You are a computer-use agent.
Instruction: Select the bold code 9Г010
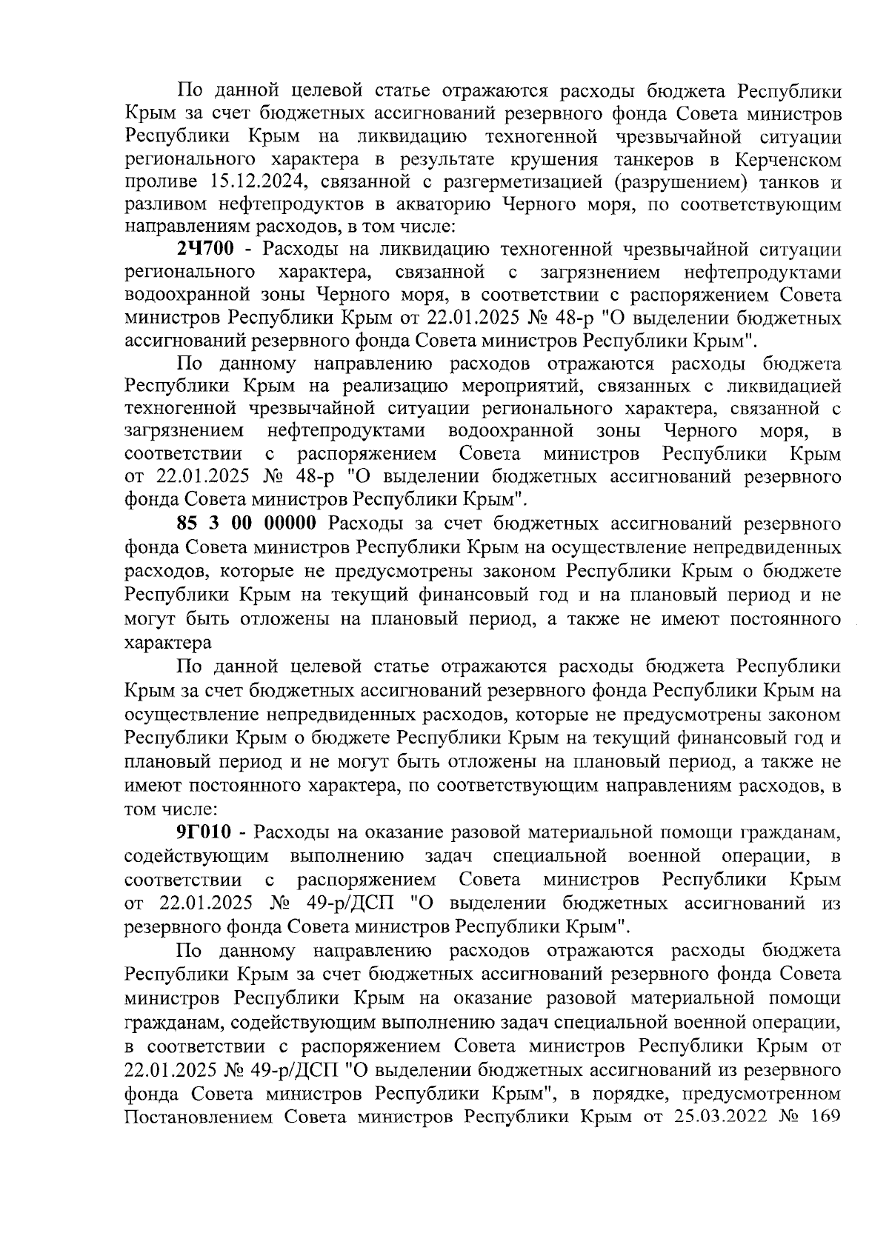pyautogui.click(x=207, y=833)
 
